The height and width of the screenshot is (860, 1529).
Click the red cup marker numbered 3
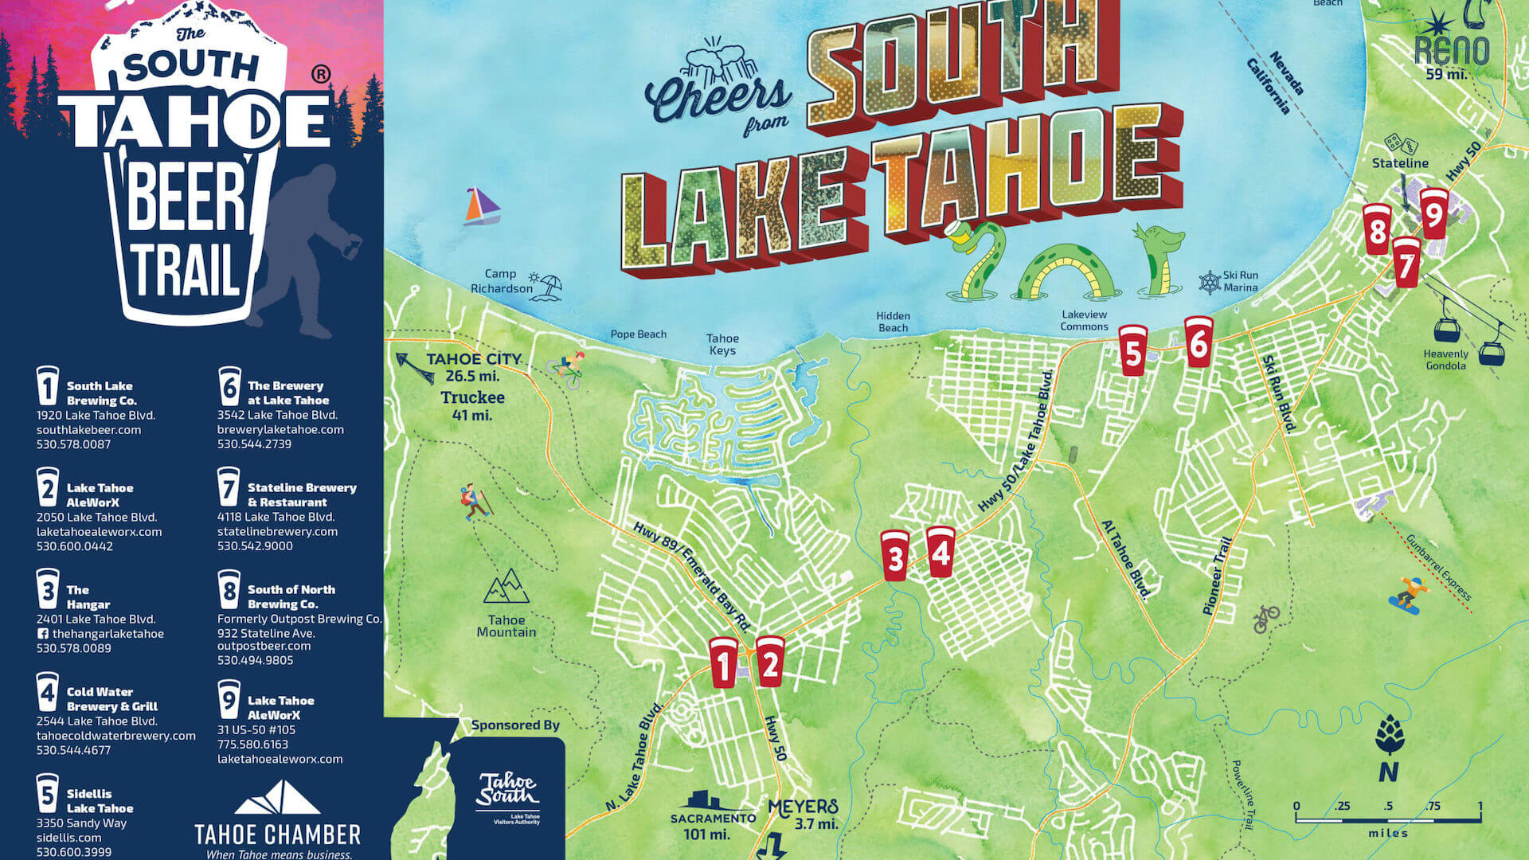(894, 555)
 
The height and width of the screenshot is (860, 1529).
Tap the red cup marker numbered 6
(1199, 342)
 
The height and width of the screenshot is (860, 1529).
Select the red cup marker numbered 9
(1433, 213)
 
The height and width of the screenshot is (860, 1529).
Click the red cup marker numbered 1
(724, 662)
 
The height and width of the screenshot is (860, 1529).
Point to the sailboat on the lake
(482, 206)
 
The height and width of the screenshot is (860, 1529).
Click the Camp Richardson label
(502, 281)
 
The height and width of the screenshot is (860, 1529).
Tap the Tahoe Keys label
(722, 344)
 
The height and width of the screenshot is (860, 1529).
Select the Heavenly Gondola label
(1445, 360)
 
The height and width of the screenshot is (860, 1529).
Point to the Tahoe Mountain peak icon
(506, 587)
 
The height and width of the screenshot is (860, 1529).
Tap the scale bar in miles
(1388, 817)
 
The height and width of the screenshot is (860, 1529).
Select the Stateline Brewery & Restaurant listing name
(301, 494)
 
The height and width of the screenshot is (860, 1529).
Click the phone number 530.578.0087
(73, 444)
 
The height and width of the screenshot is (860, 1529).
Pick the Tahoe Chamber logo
(278, 820)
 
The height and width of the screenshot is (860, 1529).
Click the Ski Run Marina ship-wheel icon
(1210, 282)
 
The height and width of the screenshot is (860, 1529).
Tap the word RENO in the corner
(1452, 50)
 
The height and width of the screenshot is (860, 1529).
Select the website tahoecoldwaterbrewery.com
(116, 736)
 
